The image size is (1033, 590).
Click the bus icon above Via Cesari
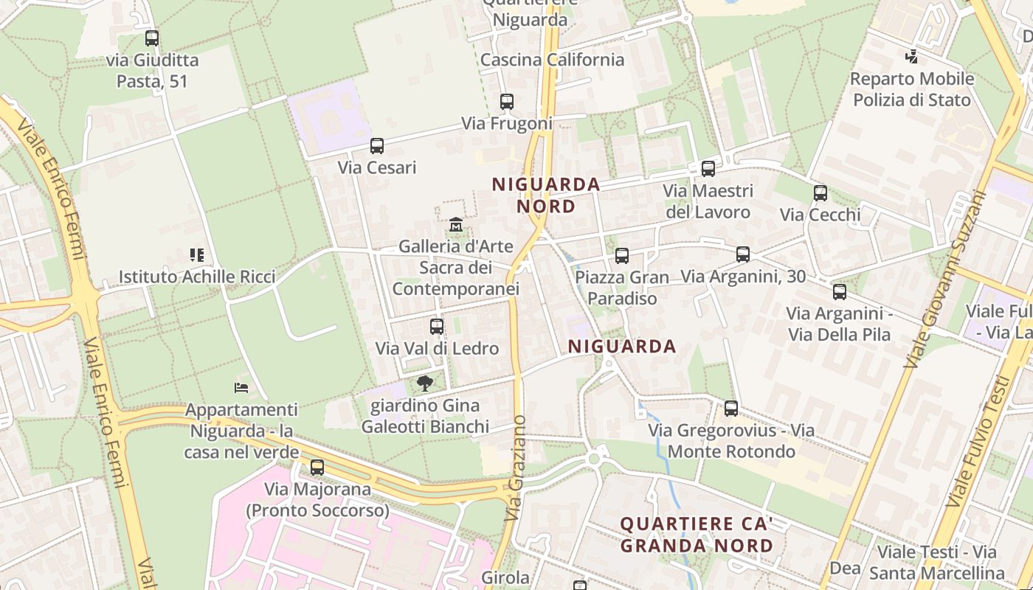coord(377,146)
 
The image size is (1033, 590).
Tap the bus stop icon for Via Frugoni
coord(506,102)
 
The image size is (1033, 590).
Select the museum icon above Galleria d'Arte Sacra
coord(456,224)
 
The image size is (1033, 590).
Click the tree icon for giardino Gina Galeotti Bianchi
coord(424,383)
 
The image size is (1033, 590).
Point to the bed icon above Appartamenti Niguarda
coord(241,387)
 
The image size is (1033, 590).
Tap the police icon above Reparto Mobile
coord(912,56)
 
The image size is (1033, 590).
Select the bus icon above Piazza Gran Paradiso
coord(622,256)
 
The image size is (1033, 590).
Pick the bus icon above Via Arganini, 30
coord(743,254)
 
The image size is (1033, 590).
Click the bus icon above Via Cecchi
coord(820,193)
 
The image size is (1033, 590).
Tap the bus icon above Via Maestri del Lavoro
coord(708,169)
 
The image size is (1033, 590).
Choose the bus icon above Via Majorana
coord(317,467)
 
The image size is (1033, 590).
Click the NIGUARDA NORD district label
coord(546,195)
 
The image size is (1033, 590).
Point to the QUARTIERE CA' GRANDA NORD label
coord(696,535)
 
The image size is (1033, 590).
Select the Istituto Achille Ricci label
coord(197,277)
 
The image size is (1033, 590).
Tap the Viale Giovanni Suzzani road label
coord(947,280)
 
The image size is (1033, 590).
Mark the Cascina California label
coord(552,60)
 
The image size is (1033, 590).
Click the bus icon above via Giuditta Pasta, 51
coord(152,38)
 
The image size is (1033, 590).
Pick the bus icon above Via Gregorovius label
coord(731,409)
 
